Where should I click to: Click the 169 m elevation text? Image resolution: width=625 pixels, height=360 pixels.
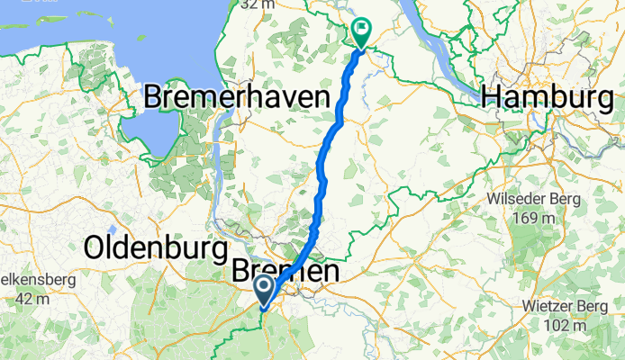(x=539, y=219)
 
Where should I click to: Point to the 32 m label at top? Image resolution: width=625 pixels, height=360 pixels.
(x=258, y=4)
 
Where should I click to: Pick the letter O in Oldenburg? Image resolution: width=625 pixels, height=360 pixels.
(x=96, y=246)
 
